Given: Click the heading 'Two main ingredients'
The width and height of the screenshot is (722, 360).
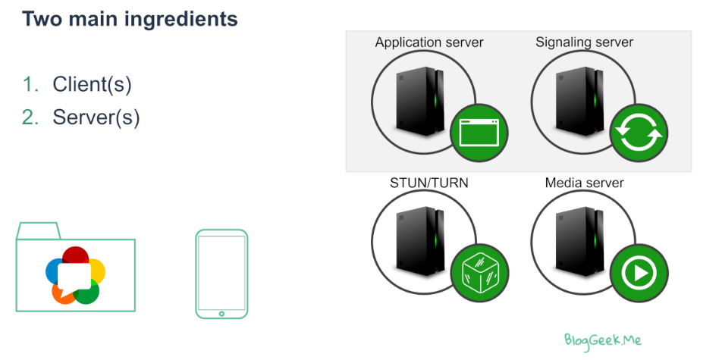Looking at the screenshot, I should click(x=130, y=18).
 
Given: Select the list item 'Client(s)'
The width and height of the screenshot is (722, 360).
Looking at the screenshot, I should click(x=92, y=85).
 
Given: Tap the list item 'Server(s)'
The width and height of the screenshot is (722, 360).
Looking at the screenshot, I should click(x=96, y=117).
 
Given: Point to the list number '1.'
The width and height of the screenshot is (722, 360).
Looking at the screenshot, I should click(x=30, y=85).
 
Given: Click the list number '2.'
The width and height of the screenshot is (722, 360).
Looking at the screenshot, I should click(x=30, y=117).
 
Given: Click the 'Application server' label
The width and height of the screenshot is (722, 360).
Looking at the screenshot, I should click(x=429, y=42).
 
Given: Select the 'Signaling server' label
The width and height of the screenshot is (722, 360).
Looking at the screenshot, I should click(x=584, y=42).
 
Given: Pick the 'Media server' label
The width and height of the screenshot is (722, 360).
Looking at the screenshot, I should click(x=584, y=184).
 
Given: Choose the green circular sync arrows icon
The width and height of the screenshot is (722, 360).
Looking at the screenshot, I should click(x=639, y=132).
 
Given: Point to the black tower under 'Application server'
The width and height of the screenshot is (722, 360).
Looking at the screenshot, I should click(x=416, y=99).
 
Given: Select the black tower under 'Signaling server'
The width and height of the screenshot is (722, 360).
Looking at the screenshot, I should click(x=575, y=99).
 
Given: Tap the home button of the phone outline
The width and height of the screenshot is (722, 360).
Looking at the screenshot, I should click(x=221, y=312).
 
